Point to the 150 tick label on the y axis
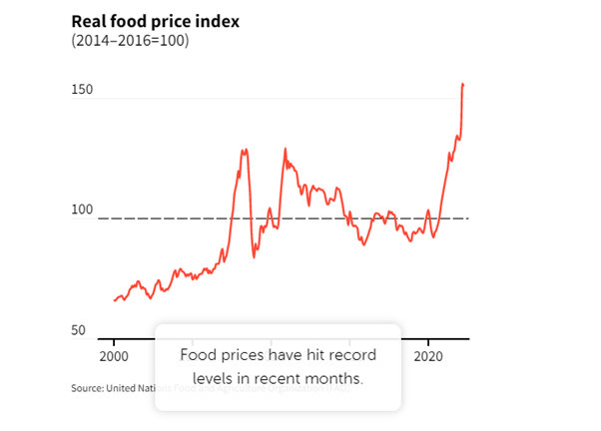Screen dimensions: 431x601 pos(82,91)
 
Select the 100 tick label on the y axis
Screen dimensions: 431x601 pos(82,210)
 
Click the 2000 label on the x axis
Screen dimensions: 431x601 pos(114,356)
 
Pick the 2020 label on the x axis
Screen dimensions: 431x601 pos(429,356)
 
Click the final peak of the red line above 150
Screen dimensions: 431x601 pos(462,85)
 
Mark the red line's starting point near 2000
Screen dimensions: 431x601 pos(114,300)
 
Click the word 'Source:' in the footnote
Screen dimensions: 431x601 pos(88,388)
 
